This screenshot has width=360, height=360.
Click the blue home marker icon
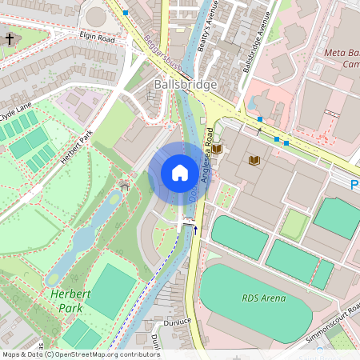click(x=180, y=173)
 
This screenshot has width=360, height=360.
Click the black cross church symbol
click(x=10, y=38)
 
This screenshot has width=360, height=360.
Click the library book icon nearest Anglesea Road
click(x=217, y=150)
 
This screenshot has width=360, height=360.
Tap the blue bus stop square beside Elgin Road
click(x=126, y=14)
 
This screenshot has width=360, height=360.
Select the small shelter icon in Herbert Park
click(x=124, y=186)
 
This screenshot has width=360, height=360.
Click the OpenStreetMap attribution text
click(x=80, y=354)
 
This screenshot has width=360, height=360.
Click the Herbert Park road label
click(x=76, y=147)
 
